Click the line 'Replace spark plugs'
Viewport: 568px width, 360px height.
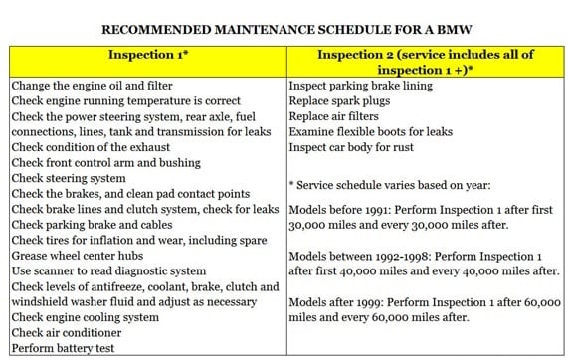coord(338,101)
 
